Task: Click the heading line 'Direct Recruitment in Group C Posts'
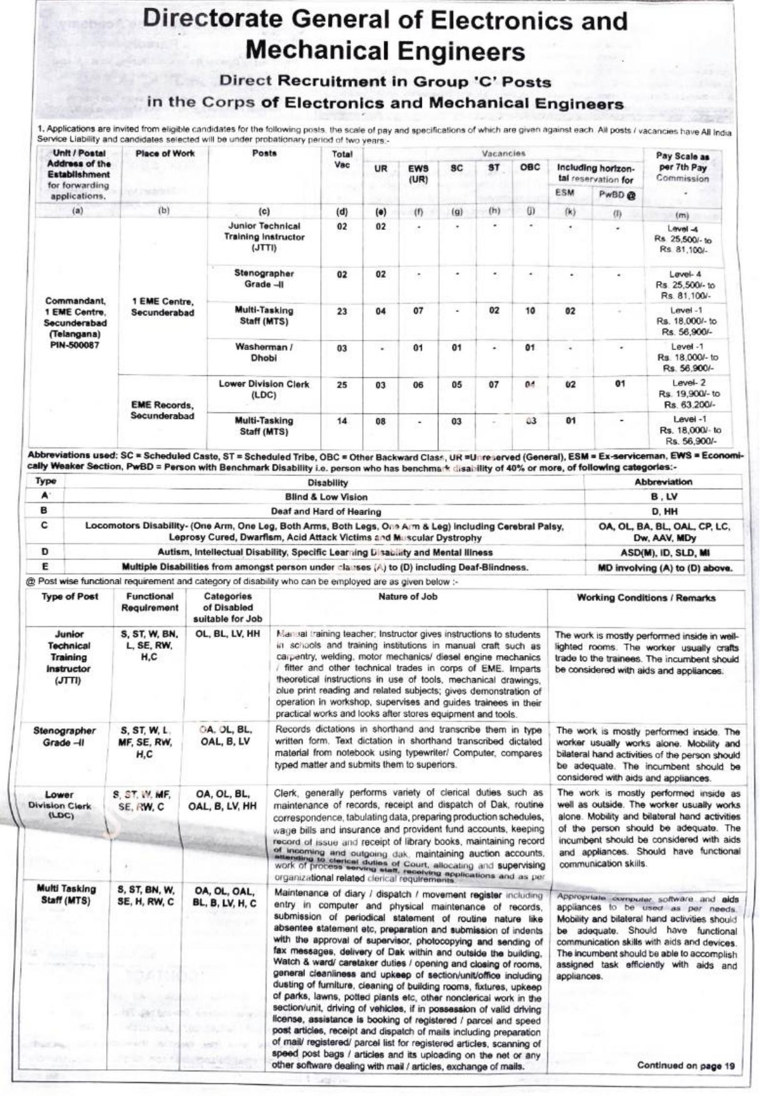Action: point(385,81)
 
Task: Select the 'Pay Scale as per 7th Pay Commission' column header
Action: point(682,167)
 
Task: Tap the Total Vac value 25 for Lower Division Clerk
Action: point(342,385)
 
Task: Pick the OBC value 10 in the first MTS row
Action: point(530,311)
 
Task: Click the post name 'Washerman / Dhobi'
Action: point(264,353)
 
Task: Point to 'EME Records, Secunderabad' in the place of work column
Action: point(162,411)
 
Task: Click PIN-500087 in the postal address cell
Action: point(75,345)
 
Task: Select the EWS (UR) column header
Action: point(418,174)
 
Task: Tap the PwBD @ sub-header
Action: point(617,195)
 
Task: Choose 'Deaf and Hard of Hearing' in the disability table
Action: point(326,511)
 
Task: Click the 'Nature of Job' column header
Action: point(407,597)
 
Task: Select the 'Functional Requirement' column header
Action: point(149,602)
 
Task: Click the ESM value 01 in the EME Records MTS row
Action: point(571,422)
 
